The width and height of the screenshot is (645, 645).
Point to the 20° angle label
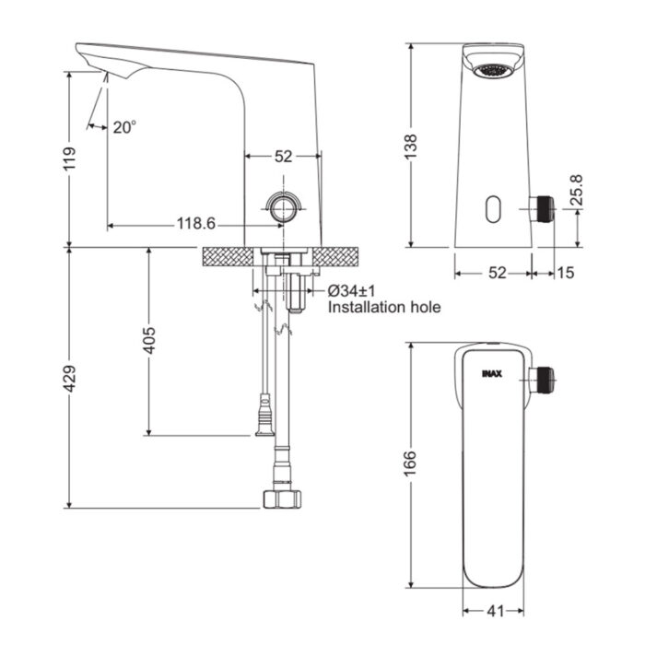click(124, 128)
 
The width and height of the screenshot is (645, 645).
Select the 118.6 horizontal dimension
click(195, 224)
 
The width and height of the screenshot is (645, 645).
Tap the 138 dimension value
click(412, 146)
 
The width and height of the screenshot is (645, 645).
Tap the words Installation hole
click(384, 308)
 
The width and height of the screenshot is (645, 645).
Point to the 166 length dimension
click(412, 461)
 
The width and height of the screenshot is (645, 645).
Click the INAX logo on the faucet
click(490, 375)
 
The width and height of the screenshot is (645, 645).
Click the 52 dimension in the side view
click(283, 157)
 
